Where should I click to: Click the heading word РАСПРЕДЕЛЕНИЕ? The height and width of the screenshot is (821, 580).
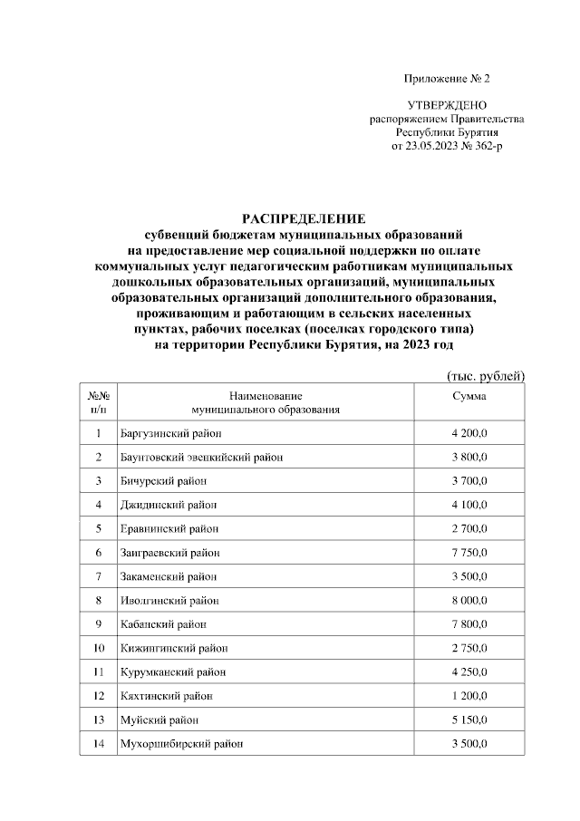pos(304,218)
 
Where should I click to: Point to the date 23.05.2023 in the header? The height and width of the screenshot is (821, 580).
pos(436,145)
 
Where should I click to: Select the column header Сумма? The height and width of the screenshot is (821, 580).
pos(469,396)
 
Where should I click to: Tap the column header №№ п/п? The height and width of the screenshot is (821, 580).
pos(98,402)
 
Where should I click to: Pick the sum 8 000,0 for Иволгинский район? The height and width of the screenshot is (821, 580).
pos(469,600)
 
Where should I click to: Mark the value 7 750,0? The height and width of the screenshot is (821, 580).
pos(469,552)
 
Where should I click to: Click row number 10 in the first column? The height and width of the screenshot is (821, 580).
pos(98,648)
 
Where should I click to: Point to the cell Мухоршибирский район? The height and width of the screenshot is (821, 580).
pos(180,744)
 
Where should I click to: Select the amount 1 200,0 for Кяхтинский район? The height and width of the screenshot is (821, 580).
pos(469,696)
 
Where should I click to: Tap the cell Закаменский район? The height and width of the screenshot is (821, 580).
pos(169,575)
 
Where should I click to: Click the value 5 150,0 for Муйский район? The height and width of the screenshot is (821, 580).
pos(469,720)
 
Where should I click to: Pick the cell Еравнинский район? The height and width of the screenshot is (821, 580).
pos(169,528)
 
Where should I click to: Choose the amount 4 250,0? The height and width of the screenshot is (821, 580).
pos(469,671)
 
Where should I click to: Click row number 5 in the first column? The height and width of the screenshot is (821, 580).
pos(98,528)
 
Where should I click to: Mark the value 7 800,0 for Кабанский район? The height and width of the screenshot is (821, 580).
pos(469,623)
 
